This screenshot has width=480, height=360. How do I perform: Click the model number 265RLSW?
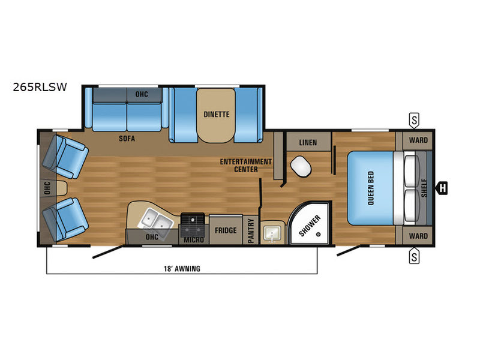pos(39,86)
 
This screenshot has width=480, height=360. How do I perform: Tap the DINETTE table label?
pos(215,115)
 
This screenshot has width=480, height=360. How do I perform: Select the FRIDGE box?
pos(225,230)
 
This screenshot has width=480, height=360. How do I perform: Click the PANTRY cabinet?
pos(251,230)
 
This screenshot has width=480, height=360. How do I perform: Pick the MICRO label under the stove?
pos(194,240)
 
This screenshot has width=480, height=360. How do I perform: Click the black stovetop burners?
pos(193,224)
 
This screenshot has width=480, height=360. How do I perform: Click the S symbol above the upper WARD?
pos(414,119)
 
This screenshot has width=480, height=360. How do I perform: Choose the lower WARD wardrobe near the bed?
pos(418,236)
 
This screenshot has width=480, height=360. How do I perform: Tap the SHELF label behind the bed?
pos(424,188)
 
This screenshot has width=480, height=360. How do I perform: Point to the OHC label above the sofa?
pos(142,94)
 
